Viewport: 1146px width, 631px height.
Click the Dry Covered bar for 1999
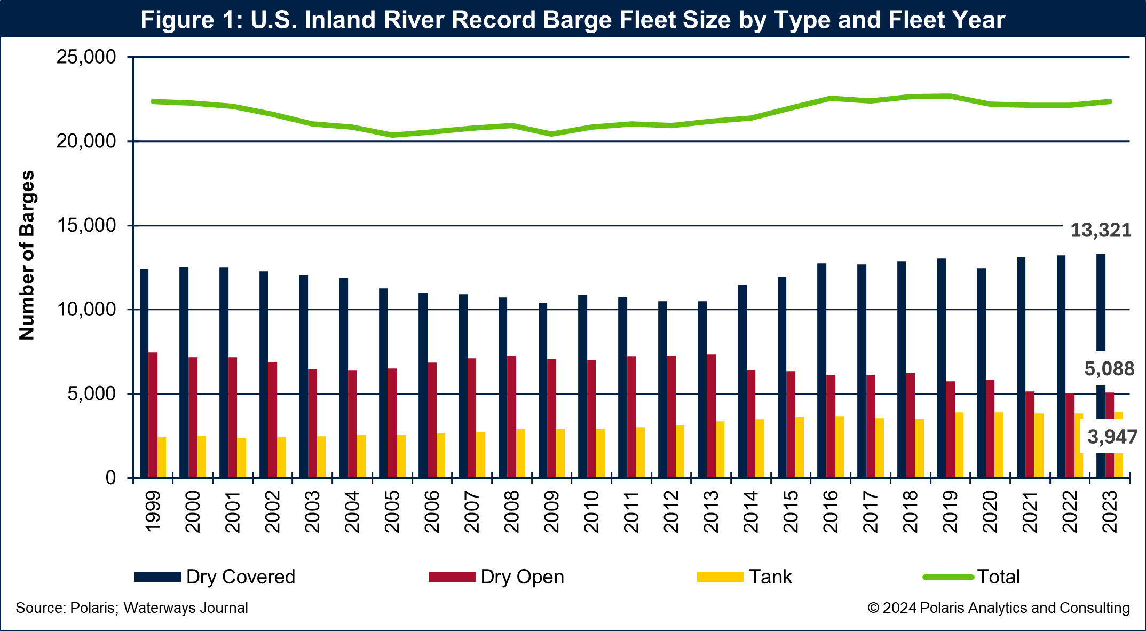tap(144, 373)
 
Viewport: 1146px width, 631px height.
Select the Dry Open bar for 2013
tap(711, 416)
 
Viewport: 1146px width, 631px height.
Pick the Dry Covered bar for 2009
tap(543, 390)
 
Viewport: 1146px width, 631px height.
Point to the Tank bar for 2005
tap(401, 456)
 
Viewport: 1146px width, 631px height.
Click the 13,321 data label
tap(1101, 231)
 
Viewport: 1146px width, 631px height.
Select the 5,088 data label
tap(1109, 369)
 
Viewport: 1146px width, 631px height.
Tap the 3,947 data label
tap(1112, 437)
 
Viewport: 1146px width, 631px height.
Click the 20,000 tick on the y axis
tap(86, 141)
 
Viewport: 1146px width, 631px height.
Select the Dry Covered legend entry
tap(214, 577)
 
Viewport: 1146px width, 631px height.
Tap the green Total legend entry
tap(971, 577)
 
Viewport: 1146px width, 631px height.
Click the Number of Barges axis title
tap(27, 255)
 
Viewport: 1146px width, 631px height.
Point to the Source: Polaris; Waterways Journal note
tap(132, 608)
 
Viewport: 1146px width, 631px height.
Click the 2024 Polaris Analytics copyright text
tap(998, 608)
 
